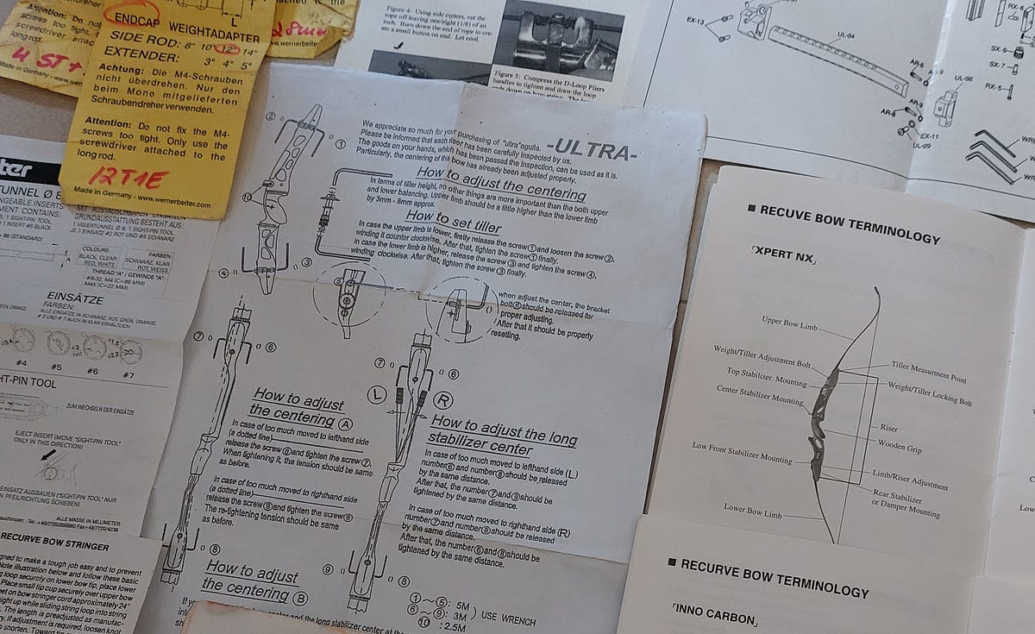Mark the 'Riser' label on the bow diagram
pos(888,428)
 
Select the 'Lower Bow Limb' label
pos(752,513)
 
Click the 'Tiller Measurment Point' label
pos(929,372)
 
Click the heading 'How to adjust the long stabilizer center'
pos(503,436)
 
